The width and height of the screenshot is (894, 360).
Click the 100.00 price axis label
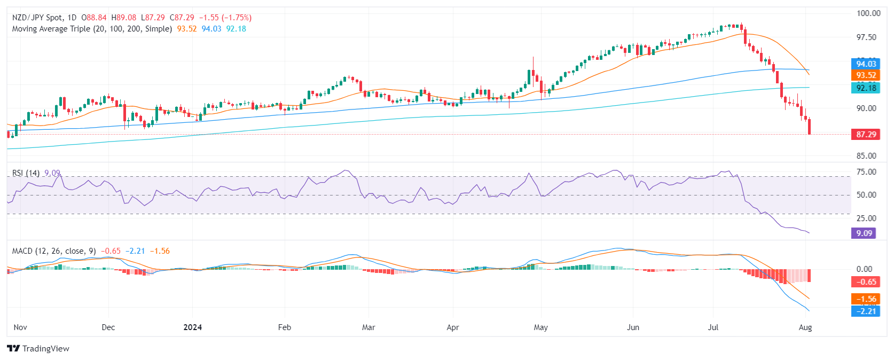pos(868,13)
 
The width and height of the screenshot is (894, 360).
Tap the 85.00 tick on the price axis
pos(866,156)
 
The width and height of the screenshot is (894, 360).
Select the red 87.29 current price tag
pos(866,135)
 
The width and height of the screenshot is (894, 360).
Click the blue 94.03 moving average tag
pos(866,64)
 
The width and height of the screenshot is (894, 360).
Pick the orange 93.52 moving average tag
pos(866,75)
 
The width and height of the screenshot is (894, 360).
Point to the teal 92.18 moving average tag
pos(866,88)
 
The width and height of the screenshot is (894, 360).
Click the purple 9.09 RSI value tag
pos(864,233)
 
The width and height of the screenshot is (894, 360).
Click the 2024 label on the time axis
pos(192,327)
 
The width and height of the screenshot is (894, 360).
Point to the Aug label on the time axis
pos(805,327)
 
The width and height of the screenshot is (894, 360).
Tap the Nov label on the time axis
pos(20,327)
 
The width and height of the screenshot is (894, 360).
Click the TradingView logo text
pos(39,349)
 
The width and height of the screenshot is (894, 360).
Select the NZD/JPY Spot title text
pos(37,18)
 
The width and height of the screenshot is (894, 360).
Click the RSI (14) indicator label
pos(26,173)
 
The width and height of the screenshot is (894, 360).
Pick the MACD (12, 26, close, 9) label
pos(54,251)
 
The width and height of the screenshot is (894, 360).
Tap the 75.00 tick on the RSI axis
pos(866,172)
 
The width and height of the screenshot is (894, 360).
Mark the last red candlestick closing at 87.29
pos(810,127)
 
